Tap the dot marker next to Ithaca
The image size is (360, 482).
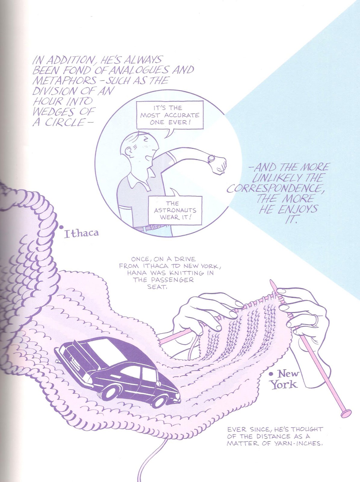[x=61, y=228]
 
